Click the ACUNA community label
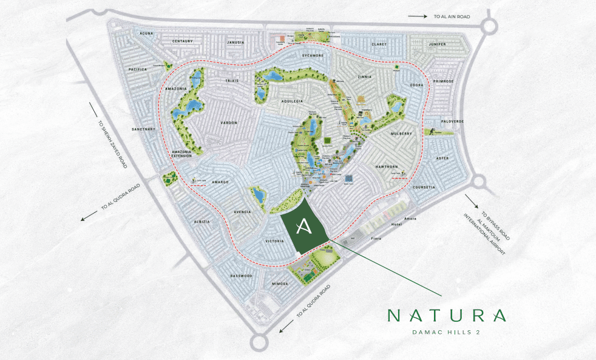point(146,33)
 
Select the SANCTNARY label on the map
point(144,129)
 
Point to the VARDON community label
point(229,123)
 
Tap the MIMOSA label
point(279,284)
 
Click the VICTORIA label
point(275,241)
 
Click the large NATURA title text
point(447,316)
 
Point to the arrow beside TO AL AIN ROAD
point(417,17)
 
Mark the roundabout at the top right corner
point(490,25)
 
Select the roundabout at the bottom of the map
point(259,342)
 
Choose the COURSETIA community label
point(424,187)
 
